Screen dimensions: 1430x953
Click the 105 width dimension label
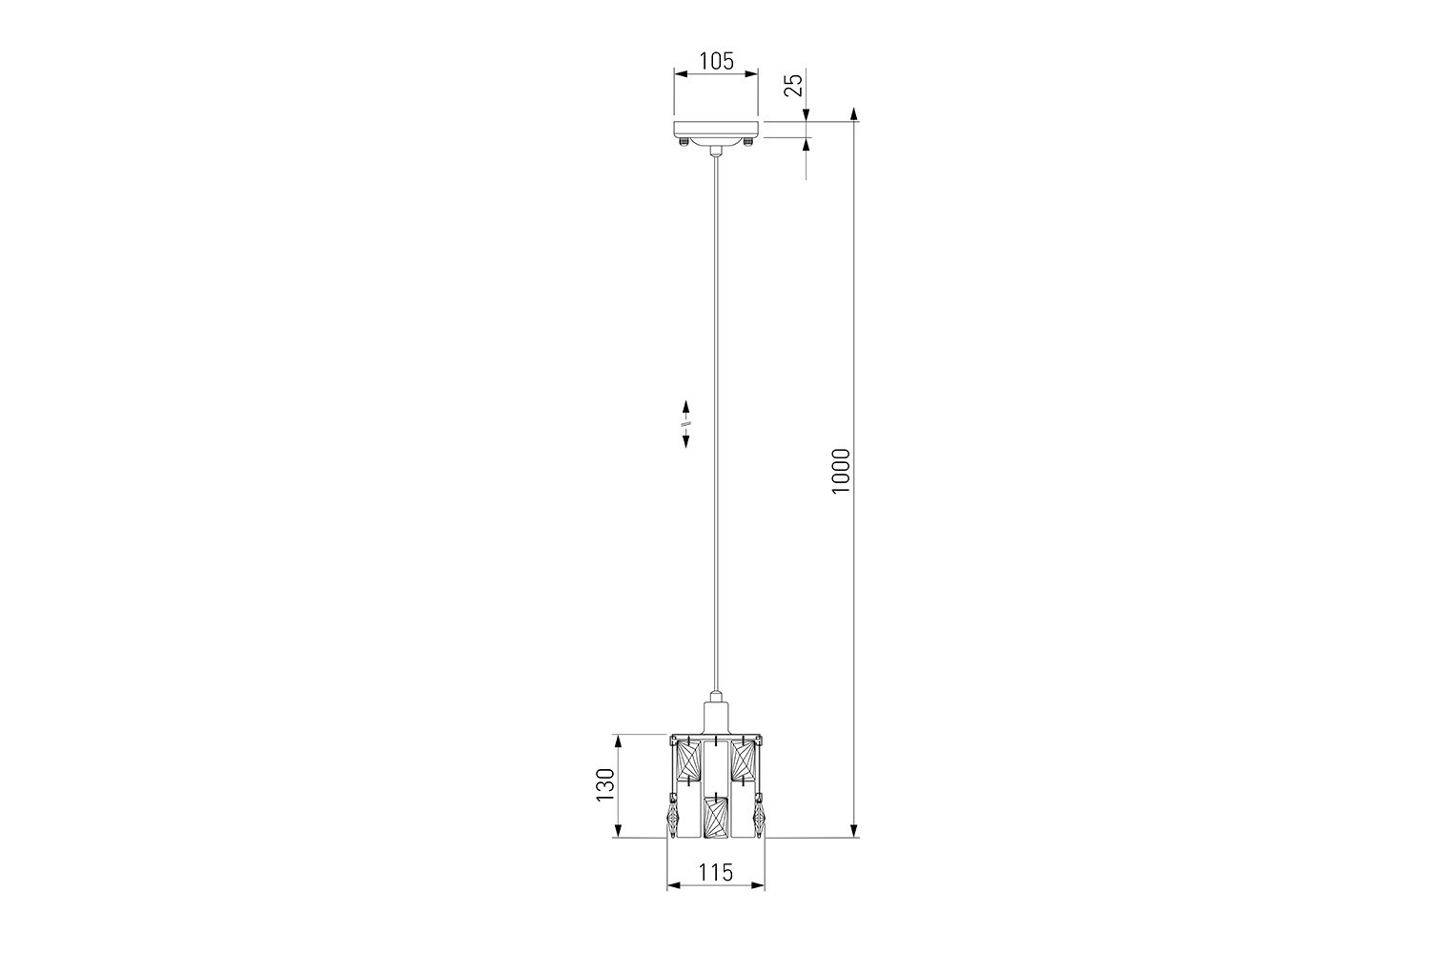click(x=716, y=61)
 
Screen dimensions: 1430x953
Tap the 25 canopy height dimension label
click(x=793, y=85)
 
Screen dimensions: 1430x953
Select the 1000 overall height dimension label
click(x=842, y=471)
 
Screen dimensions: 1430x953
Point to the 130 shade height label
click(x=605, y=784)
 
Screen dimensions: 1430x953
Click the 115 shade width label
click(x=716, y=872)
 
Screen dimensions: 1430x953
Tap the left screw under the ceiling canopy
click(x=684, y=141)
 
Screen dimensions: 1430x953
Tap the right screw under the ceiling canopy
click(x=748, y=141)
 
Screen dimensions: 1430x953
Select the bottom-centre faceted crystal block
click(x=716, y=817)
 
